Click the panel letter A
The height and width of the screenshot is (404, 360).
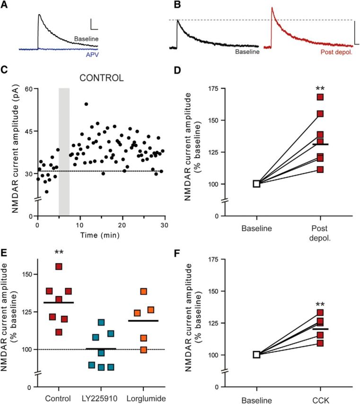(x=5, y=5)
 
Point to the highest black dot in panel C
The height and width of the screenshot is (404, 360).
(x=86, y=104)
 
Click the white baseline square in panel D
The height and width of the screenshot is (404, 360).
(x=257, y=184)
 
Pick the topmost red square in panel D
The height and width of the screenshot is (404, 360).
(x=320, y=97)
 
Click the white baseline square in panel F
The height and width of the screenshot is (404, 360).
(x=257, y=355)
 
